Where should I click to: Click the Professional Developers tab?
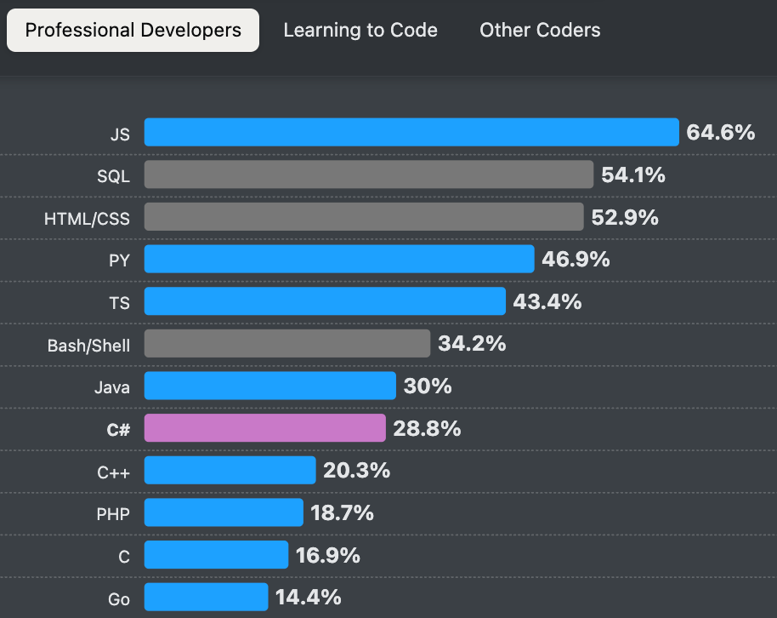coord(133,31)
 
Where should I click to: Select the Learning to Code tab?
coord(360,31)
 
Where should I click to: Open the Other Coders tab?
coord(540,31)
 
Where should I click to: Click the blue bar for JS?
coord(411,133)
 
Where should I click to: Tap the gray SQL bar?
coord(368,175)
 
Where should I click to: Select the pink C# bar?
coord(264,429)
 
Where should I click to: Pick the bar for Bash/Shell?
coord(286,344)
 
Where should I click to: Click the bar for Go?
coord(206,598)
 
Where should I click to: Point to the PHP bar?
coord(224,513)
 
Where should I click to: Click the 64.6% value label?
coord(720,133)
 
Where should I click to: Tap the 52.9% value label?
coord(625,218)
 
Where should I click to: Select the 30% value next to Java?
coord(428,386)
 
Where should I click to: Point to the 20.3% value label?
coord(356,471)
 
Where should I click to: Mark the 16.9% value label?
coord(328,556)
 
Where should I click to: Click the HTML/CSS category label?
coord(87,219)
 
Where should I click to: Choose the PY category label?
coord(119,260)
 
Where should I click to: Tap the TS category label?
coord(120,303)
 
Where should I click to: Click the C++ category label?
coord(114,472)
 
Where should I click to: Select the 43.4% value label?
coord(547,301)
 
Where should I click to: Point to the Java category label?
coord(111,387)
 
